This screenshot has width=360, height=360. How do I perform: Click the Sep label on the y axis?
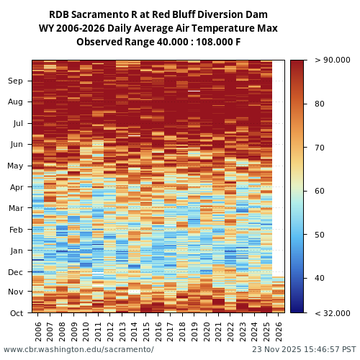coord(16,81)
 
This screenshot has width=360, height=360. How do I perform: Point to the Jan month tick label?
coord(16,251)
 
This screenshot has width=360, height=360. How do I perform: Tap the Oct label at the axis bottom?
coord(16,313)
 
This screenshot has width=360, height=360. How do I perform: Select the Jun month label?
coord(16,144)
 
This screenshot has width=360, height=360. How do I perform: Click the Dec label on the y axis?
coord(16,272)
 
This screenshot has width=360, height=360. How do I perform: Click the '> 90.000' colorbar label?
coord(332,60)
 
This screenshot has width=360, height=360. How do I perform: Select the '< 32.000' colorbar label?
coord(332,313)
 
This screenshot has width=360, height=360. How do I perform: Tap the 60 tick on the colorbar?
coord(319,191)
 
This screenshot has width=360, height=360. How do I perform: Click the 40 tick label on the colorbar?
coord(319,278)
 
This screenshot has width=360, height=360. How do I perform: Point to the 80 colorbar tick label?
coord(319,104)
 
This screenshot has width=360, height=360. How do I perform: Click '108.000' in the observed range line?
coord(207,42)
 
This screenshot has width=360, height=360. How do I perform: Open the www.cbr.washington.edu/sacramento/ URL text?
coord(78,349)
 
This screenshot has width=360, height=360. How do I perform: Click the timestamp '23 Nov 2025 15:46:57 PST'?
coord(304,349)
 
